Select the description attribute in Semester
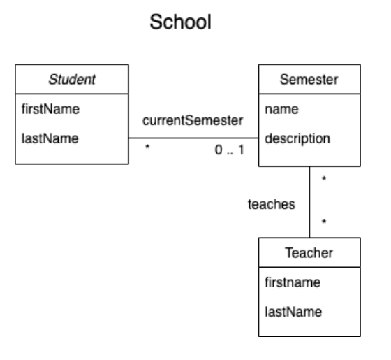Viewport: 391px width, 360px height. (x=297, y=138)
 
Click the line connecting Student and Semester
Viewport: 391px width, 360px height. (x=193, y=138)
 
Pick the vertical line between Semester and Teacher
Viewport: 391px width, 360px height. (x=309, y=203)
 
